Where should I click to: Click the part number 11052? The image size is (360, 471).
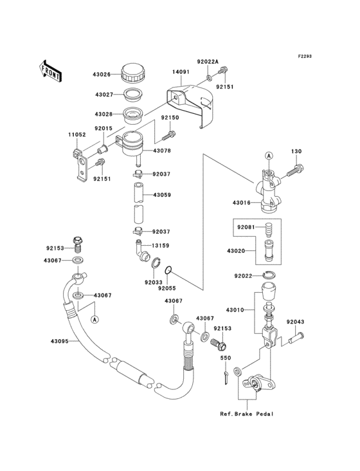click(78, 134)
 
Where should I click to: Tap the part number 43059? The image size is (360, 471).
click(163, 195)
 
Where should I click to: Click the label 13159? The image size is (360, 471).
click(161, 245)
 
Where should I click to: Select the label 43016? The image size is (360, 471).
click(242, 202)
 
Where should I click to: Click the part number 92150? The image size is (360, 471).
click(169, 118)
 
